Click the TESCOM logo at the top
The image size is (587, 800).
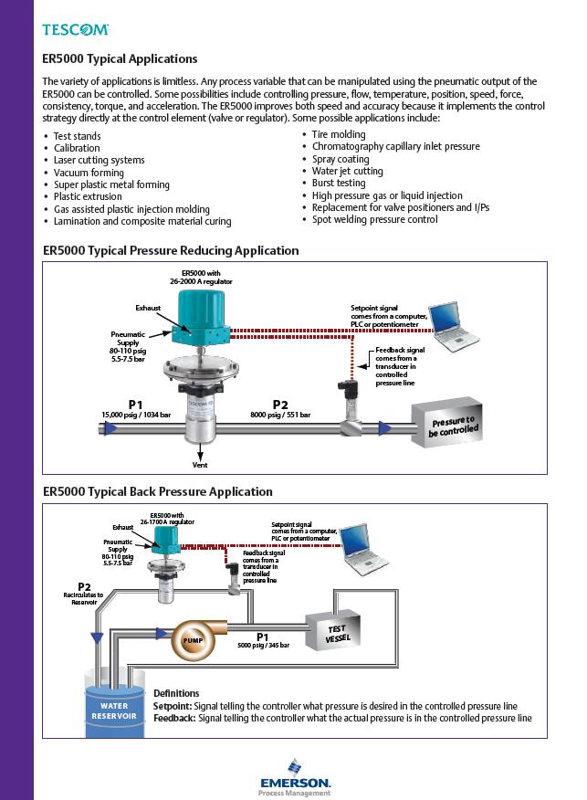pyautogui.click(x=76, y=30)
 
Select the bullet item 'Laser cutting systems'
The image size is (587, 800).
pyautogui.click(x=99, y=160)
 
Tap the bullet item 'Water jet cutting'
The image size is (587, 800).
pyautogui.click(x=347, y=171)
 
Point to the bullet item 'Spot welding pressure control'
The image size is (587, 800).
pyautogui.click(x=374, y=220)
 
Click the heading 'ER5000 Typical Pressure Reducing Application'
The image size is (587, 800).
pyautogui.click(x=171, y=250)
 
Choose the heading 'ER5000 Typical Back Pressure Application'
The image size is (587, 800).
pyautogui.click(x=158, y=491)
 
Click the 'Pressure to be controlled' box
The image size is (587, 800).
pyautogui.click(x=453, y=425)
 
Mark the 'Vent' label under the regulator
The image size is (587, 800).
pyautogui.click(x=200, y=465)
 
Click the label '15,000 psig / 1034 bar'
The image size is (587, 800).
pyautogui.click(x=135, y=415)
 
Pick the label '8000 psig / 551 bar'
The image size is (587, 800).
pyautogui.click(x=280, y=415)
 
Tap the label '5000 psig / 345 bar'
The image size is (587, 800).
pyautogui.click(x=263, y=646)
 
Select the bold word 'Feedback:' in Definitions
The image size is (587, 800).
pyautogui.click(x=174, y=718)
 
